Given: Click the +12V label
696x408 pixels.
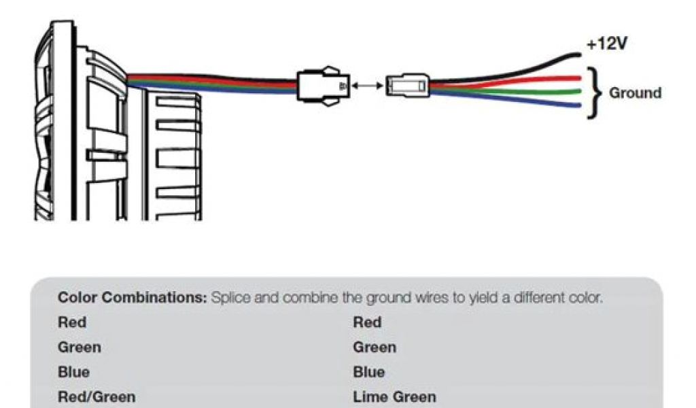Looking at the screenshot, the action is (606, 46).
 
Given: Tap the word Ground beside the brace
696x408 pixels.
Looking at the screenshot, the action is (635, 93).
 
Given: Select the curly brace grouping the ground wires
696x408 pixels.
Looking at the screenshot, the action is (594, 92).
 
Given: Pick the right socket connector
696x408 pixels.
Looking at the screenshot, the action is (408, 86).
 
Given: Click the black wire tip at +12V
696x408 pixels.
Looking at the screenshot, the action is (578, 56).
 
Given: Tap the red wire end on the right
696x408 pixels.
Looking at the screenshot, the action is (576, 77).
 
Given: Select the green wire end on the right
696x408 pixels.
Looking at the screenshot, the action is (576, 91).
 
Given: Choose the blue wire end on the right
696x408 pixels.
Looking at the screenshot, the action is (576, 105).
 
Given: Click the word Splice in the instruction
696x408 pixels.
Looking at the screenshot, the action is (231, 298).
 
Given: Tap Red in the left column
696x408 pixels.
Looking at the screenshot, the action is (72, 322).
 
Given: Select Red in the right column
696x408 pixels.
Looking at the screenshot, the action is (367, 322).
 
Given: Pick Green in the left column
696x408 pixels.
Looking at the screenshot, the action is (80, 347).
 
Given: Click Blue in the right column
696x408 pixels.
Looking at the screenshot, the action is (368, 373).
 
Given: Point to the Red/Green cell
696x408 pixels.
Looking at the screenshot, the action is (97, 397).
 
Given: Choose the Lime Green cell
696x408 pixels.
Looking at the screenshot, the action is (394, 397).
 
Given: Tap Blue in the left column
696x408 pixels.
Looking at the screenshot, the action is (73, 373).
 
